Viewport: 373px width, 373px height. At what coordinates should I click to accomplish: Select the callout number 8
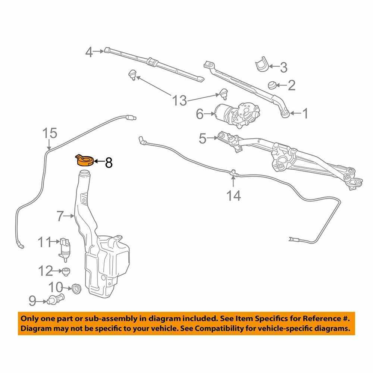pos(108,163)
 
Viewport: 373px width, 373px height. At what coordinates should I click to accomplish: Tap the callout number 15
pos(50,133)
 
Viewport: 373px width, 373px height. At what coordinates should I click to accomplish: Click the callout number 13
pos(179,100)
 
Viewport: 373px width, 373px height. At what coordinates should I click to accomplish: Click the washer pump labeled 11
pos(65,247)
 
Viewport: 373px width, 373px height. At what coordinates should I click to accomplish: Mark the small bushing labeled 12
pos(67,271)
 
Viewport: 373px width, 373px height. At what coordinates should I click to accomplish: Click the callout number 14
pos(234,195)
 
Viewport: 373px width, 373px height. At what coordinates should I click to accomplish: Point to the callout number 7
pos(61,215)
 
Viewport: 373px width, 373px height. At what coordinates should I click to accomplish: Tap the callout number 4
pos(89,52)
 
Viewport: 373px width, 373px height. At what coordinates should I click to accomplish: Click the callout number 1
pos(305,113)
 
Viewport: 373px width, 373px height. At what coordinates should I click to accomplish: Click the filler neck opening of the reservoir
pos(85,173)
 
